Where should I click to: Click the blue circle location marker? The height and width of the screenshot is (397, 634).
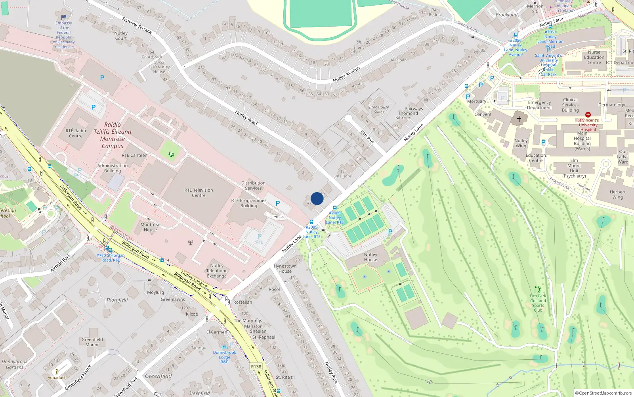point(317,198)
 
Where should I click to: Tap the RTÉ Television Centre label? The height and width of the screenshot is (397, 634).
point(199,193)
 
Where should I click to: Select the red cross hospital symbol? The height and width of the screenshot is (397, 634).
point(588,115)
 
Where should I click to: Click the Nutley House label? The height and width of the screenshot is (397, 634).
point(370,257)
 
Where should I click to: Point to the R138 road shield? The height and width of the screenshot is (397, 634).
point(256,367)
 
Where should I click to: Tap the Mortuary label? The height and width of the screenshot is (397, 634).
point(476,101)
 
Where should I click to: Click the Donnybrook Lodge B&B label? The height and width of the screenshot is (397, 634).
point(224,357)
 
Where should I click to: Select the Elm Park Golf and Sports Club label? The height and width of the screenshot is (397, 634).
point(538,303)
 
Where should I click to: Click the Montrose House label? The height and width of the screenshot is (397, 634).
point(150,227)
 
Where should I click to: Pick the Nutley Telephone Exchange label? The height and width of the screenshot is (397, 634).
point(217,271)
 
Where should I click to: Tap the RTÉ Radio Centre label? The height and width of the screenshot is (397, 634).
point(76,133)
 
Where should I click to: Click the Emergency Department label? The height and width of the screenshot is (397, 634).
point(539,105)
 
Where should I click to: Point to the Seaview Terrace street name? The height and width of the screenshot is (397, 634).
point(137,25)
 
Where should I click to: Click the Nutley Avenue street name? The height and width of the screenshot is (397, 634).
point(346,74)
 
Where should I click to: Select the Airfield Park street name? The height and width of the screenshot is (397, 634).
point(61,263)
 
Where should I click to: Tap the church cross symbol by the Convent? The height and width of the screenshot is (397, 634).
point(519,119)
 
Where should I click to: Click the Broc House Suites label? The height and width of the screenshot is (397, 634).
point(379,110)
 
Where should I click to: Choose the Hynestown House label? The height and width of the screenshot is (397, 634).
point(285,269)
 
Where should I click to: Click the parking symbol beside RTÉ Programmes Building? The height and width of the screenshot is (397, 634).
point(278,203)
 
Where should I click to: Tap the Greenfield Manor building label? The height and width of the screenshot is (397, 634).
point(92,342)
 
